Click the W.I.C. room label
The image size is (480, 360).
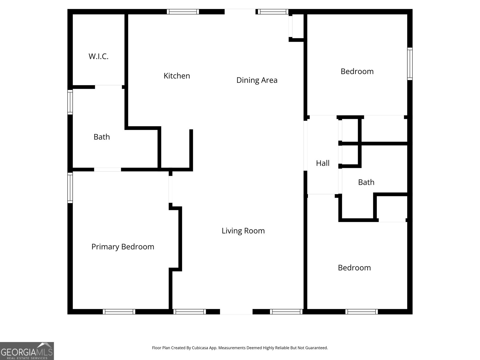[98, 56]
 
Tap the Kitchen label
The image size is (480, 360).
[177, 76]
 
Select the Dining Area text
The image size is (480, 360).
[257, 80]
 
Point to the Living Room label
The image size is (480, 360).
[243, 231]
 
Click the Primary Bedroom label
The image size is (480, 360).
[123, 247]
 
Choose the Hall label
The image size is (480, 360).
[322, 163]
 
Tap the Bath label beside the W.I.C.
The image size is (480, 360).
[102, 137]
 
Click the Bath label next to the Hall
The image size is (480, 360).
[366, 182]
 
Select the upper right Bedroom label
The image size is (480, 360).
[357, 71]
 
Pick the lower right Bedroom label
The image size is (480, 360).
[354, 268]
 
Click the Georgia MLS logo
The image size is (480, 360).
[27, 351]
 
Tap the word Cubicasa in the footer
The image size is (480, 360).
[200, 348]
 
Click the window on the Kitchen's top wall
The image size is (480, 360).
[183, 12]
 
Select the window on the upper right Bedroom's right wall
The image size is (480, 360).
[410, 64]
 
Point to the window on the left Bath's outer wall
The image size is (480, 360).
[70, 102]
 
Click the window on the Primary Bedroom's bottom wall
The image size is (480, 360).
[119, 312]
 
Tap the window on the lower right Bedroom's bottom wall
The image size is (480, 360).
[362, 312]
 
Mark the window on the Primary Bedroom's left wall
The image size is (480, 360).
[70, 188]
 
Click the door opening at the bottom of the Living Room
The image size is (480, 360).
[236, 312]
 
